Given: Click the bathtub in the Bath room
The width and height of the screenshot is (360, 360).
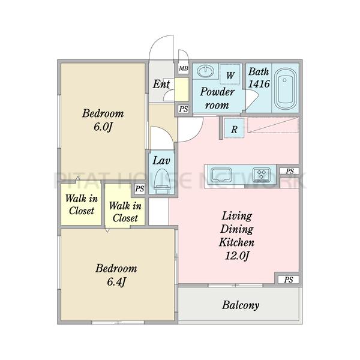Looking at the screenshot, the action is click(x=285, y=89).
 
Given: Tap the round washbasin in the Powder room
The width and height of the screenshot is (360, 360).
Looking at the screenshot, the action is click(x=205, y=71).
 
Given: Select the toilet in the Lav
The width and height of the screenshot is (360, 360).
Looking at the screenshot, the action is click(x=162, y=181).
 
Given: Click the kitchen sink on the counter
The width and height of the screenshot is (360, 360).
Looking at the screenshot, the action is click(x=221, y=175).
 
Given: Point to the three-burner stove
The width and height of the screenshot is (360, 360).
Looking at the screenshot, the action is click(x=262, y=175).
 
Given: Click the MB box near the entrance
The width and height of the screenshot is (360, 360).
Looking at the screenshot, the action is click(x=184, y=68).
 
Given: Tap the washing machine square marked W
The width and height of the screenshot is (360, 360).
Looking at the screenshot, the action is click(x=230, y=74).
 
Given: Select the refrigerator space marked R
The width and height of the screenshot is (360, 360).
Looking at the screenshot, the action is click(x=234, y=128).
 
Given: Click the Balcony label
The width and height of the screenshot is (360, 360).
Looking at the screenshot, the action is click(x=241, y=305).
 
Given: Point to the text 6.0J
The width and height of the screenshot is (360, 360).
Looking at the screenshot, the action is click(x=103, y=127).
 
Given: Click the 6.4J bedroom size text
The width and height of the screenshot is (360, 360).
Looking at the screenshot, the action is click(x=116, y=282).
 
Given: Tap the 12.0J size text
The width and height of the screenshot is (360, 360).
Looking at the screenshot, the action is click(x=237, y=256).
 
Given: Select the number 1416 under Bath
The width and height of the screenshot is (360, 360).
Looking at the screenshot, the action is click(x=259, y=84).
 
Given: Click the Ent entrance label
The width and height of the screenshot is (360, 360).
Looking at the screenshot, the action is click(x=161, y=84).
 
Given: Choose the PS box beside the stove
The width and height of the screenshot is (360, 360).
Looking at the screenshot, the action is click(x=290, y=171).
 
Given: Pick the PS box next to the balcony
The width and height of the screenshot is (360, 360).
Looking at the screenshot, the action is click(x=289, y=280).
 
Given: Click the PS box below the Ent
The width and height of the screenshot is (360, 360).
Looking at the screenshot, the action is click(x=184, y=109).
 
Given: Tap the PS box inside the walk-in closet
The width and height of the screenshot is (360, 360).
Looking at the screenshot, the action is click(x=139, y=189).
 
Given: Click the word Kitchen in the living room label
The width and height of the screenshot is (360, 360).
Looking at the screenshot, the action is click(x=237, y=242).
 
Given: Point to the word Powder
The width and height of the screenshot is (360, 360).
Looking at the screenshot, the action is click(x=217, y=92).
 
